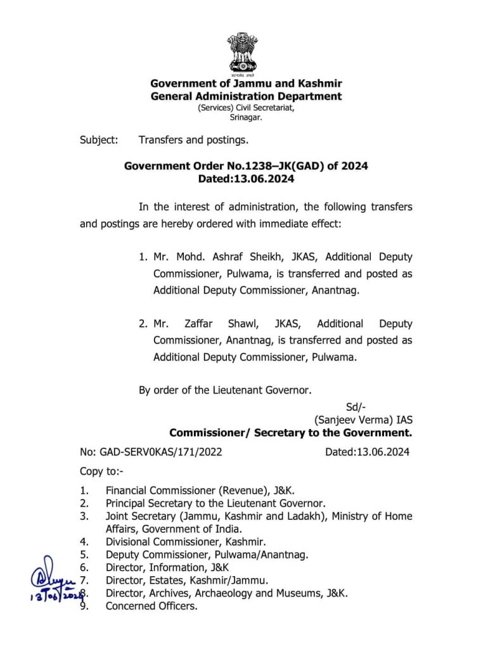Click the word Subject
pos(98,139)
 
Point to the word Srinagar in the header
pos(245,117)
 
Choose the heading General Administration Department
pos(246,96)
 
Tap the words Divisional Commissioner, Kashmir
pos(186,542)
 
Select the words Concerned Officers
pos(151,606)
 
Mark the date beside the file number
pos(367,452)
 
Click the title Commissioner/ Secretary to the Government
pos(290,434)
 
